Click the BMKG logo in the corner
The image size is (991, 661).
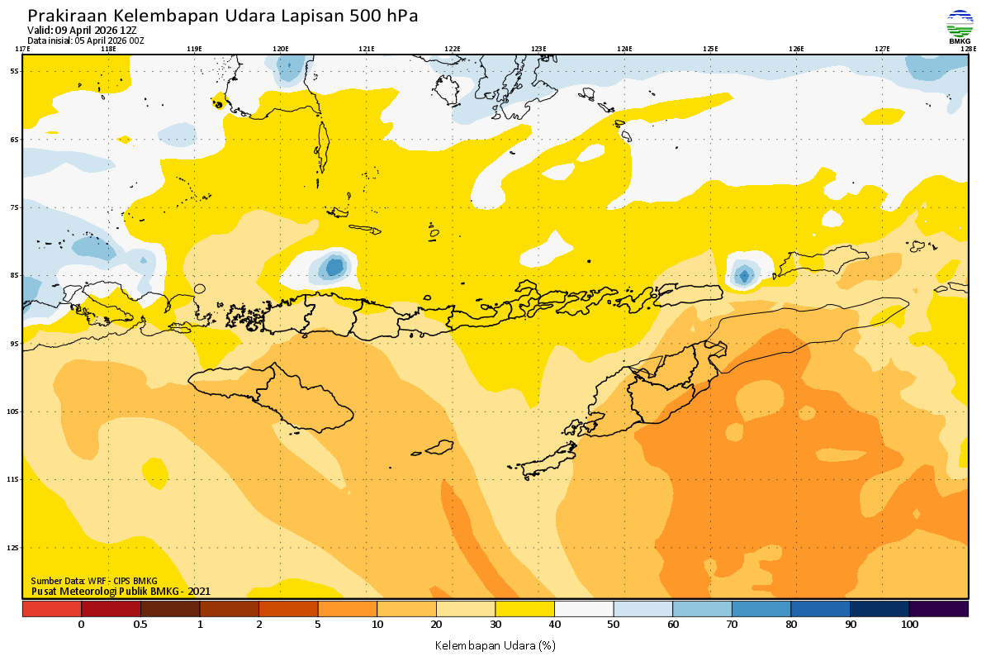point(960,27)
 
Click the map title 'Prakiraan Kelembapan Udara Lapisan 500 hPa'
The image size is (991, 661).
point(223,16)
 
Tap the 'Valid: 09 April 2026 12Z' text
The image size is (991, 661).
point(82,31)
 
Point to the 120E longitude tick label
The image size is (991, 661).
point(281,49)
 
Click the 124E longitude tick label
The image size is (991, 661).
point(624,49)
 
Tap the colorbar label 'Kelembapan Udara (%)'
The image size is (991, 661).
point(495,644)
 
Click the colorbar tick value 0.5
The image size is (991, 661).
point(140,625)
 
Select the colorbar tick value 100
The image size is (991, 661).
point(909,625)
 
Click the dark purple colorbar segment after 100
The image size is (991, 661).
point(939,609)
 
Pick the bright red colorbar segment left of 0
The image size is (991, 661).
point(51,609)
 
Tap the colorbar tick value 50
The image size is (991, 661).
point(614,625)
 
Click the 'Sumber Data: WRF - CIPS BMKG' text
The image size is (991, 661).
point(94,581)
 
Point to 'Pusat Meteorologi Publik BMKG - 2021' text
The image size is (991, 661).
point(121,591)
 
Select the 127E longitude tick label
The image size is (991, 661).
point(882,49)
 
